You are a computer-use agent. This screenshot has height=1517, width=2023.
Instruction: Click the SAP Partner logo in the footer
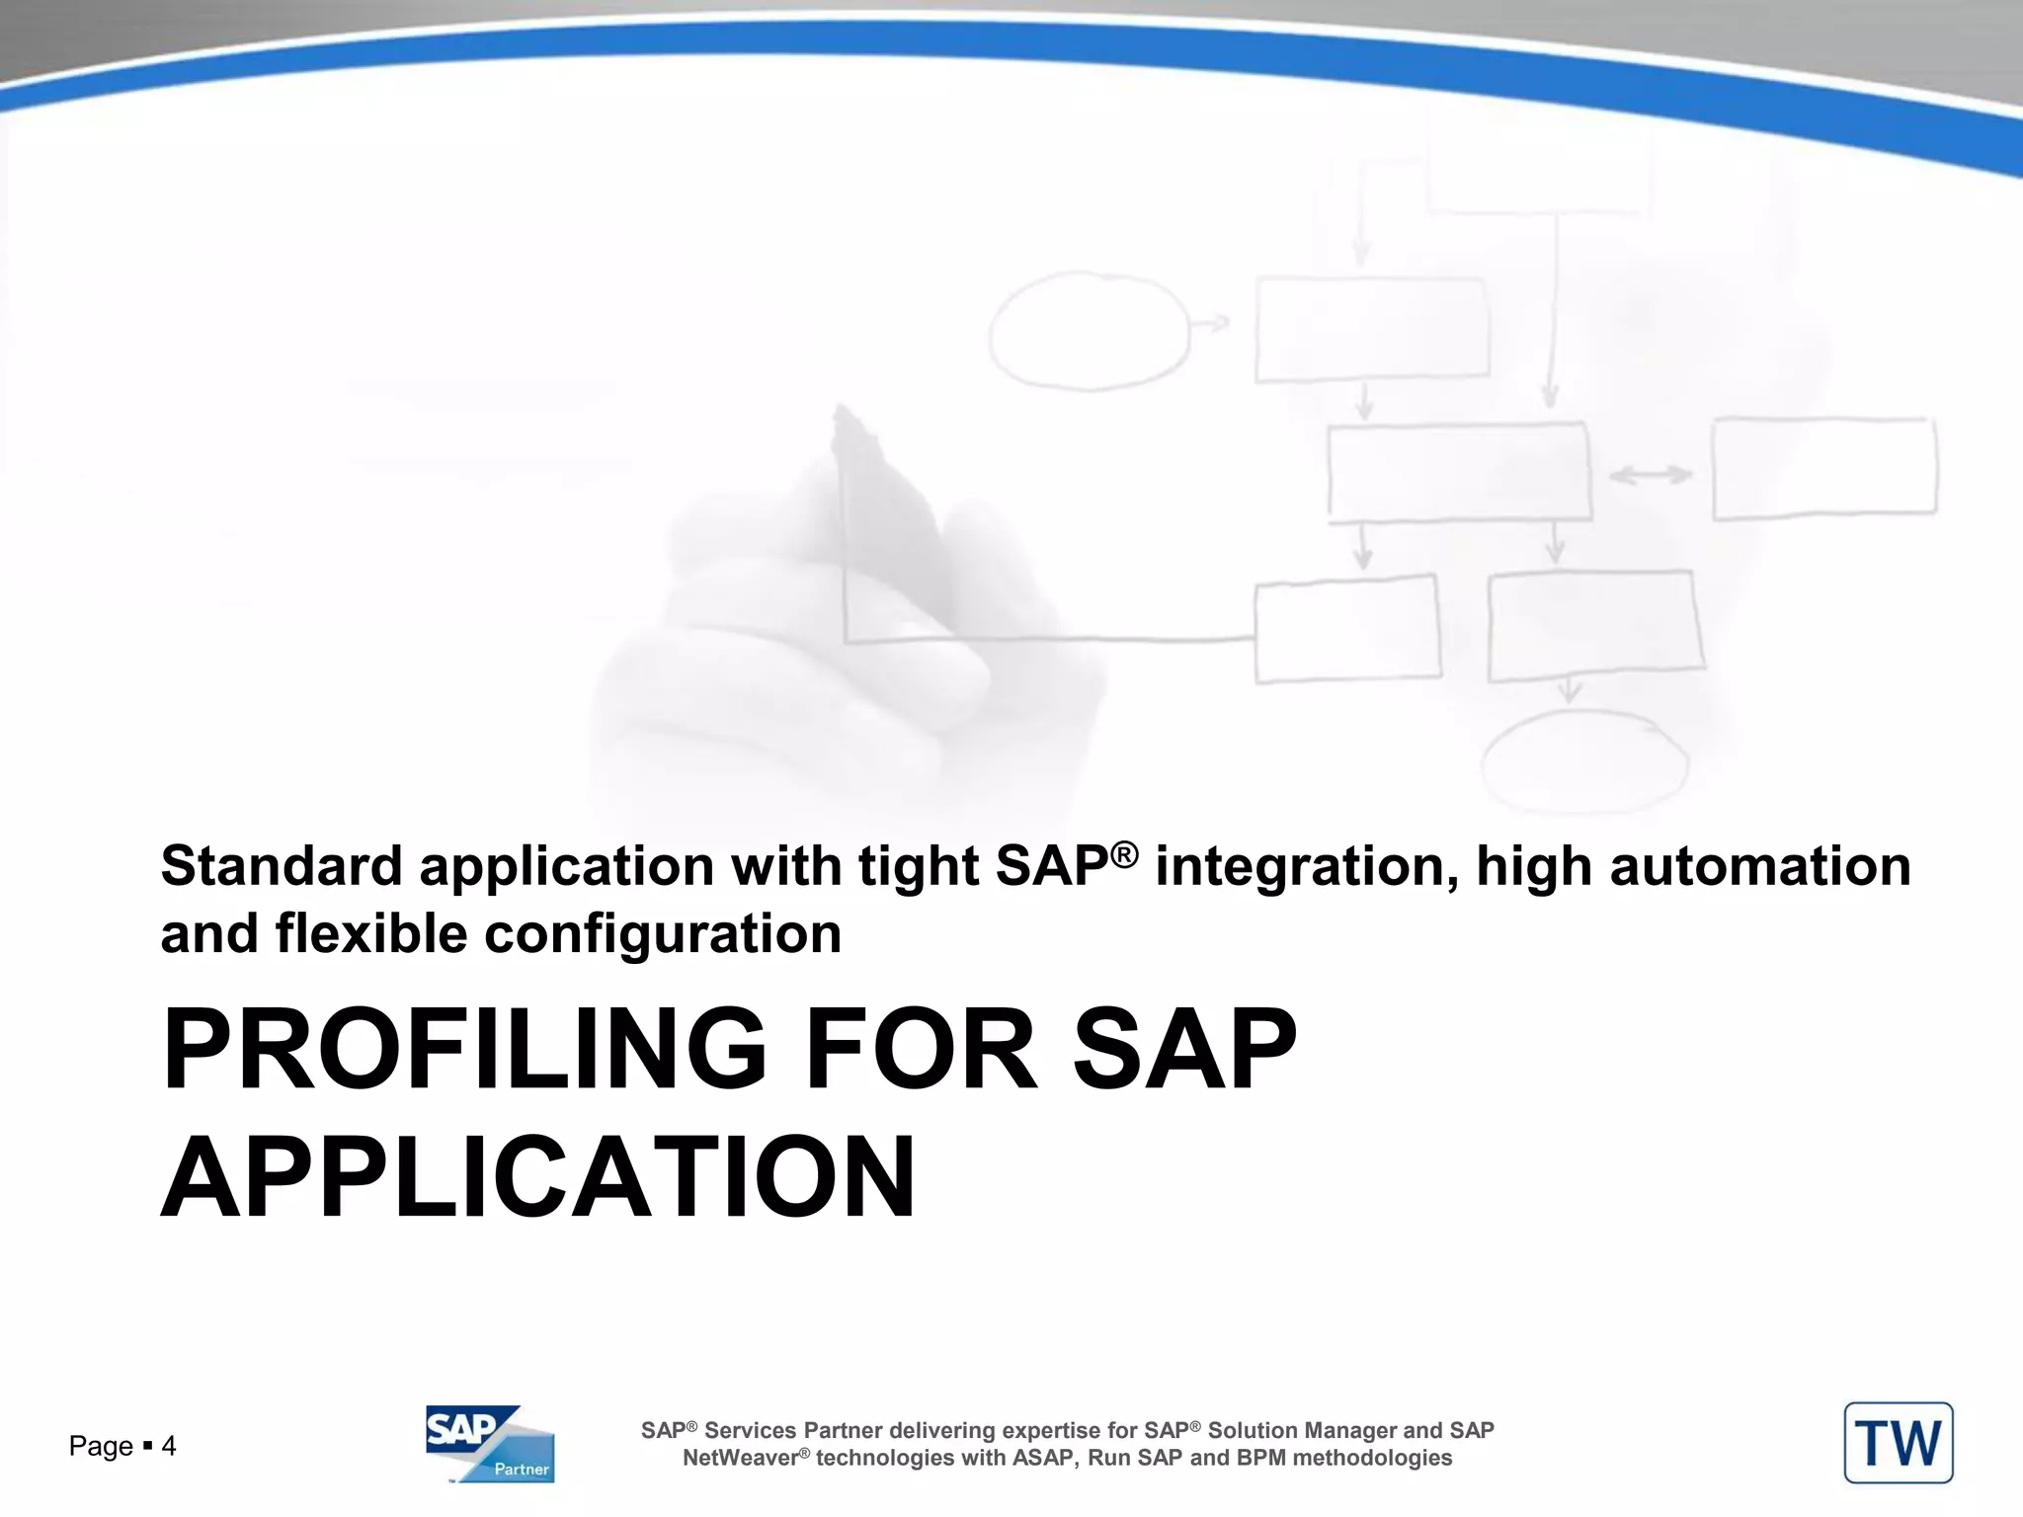pyautogui.click(x=490, y=1443)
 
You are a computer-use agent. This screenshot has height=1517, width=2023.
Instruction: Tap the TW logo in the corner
pyautogui.click(x=1898, y=1443)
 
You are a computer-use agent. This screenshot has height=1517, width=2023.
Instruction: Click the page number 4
pyautogui.click(x=169, y=1447)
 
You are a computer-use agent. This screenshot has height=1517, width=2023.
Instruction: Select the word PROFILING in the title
pyautogui.click(x=464, y=1049)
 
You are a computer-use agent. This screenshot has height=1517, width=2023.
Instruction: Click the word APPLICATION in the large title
pyautogui.click(x=538, y=1178)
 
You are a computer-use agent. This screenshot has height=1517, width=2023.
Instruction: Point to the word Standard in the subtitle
pyautogui.click(x=281, y=866)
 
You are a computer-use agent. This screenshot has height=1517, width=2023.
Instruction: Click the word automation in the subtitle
pyautogui.click(x=1760, y=866)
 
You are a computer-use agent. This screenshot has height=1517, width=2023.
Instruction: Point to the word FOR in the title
pyautogui.click(x=921, y=1049)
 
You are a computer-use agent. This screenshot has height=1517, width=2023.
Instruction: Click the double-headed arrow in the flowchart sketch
pyautogui.click(x=1651, y=476)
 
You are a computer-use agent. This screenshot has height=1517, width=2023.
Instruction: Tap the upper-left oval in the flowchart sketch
pyautogui.click(x=1090, y=331)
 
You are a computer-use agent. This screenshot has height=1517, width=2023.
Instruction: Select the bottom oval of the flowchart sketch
pyautogui.click(x=1583, y=763)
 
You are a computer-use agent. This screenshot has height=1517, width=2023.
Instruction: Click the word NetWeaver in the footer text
pyautogui.click(x=740, y=1459)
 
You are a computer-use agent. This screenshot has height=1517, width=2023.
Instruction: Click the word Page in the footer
pyautogui.click(x=100, y=1447)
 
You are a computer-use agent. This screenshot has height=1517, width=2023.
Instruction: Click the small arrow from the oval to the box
pyautogui.click(x=1211, y=323)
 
